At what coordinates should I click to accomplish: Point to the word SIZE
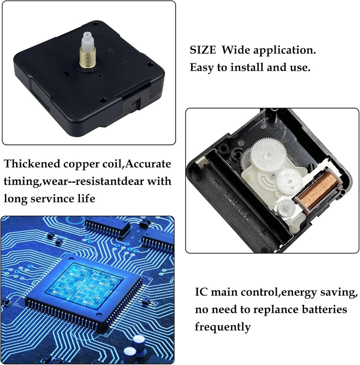click(203, 50)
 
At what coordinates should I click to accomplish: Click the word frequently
click(223, 327)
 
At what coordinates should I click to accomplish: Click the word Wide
click(235, 50)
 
